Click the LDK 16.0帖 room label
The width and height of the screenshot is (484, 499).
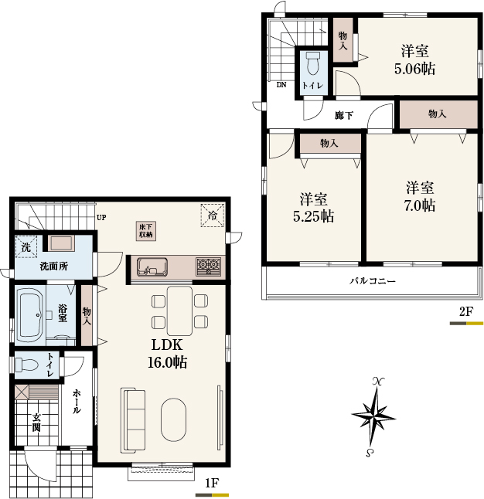(x=167, y=354)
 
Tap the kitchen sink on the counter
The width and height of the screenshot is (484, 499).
(x=152, y=267)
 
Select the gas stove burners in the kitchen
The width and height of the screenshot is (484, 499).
(x=209, y=266)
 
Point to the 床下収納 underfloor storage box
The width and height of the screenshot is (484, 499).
(x=146, y=231)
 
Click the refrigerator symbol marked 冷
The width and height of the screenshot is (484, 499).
(x=212, y=216)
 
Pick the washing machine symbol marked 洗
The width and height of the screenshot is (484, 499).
(x=26, y=246)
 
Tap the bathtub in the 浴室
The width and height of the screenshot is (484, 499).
(x=31, y=314)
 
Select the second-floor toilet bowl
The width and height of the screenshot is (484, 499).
(x=312, y=63)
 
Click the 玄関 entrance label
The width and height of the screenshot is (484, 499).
(x=36, y=423)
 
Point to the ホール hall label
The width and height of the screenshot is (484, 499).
(x=77, y=402)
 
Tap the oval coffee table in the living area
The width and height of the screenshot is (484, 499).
(x=173, y=419)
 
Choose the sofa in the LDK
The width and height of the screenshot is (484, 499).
(x=133, y=420)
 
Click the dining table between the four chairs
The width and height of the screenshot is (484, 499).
(x=179, y=311)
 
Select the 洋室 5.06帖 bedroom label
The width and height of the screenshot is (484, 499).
(x=414, y=59)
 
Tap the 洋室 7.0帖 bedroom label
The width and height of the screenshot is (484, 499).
(x=420, y=197)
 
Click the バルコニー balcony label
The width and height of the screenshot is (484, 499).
(x=373, y=281)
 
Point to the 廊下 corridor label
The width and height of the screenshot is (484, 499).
(x=344, y=115)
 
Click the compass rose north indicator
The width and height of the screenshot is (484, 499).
(x=378, y=381)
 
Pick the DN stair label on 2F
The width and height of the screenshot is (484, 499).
(x=281, y=85)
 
